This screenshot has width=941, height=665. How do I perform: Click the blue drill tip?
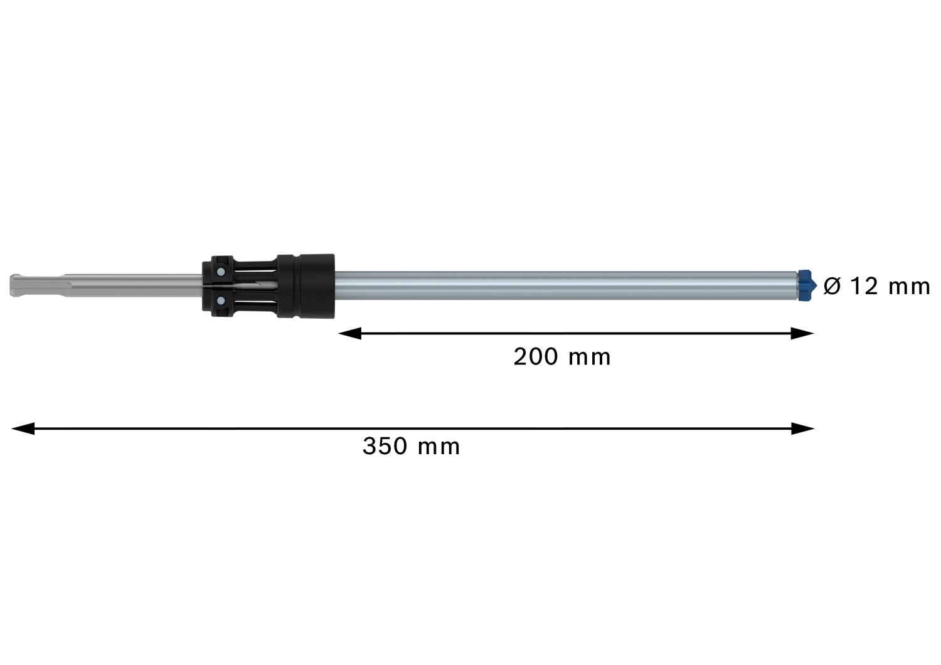pos(807,285)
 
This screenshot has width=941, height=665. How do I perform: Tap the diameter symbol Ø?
pos(831,287)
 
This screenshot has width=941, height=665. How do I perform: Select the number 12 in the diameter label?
pos(864,286)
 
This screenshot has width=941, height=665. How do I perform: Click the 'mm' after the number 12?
pos(910,287)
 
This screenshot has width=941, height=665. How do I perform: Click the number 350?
pos(385,447)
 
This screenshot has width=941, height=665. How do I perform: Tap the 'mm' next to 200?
pos(589,358)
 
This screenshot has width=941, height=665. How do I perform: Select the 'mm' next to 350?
pos(439,447)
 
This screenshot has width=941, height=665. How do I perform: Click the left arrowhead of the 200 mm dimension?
pos(349,334)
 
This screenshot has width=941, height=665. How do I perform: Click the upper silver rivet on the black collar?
pos(220,272)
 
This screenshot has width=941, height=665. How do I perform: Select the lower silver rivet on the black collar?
pos(220,301)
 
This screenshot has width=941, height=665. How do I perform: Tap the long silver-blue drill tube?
pos(565,285)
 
